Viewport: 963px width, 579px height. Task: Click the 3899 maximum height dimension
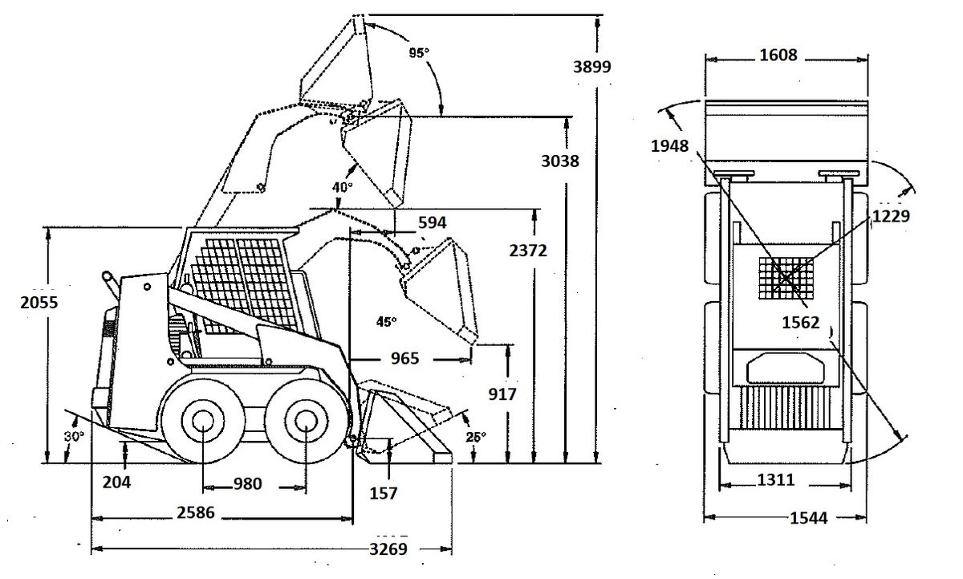(x=592, y=67)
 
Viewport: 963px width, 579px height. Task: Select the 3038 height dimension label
(x=560, y=161)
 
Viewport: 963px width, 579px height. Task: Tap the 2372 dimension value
(x=528, y=251)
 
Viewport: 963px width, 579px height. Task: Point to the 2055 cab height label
(x=39, y=303)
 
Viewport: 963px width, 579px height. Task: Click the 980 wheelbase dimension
(x=248, y=484)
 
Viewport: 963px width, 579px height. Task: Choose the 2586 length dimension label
(x=196, y=513)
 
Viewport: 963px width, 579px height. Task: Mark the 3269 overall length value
(x=388, y=549)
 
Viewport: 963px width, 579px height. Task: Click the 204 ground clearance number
(x=116, y=483)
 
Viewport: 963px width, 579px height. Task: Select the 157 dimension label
(x=384, y=493)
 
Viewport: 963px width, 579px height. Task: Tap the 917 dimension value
(x=502, y=394)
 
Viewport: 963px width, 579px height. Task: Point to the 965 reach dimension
(x=404, y=358)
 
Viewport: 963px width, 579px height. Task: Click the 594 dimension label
(x=432, y=222)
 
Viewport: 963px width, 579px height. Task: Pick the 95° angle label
(x=419, y=53)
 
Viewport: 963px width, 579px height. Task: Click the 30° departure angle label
(x=74, y=437)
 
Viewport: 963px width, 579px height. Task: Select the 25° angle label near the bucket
(x=476, y=438)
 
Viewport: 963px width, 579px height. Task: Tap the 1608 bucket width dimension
(x=778, y=55)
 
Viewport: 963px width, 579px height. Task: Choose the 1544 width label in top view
(x=809, y=518)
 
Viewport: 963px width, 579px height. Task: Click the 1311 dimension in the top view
(x=775, y=479)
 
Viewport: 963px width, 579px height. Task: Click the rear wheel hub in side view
(x=202, y=422)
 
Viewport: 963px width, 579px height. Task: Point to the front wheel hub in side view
(x=306, y=422)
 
